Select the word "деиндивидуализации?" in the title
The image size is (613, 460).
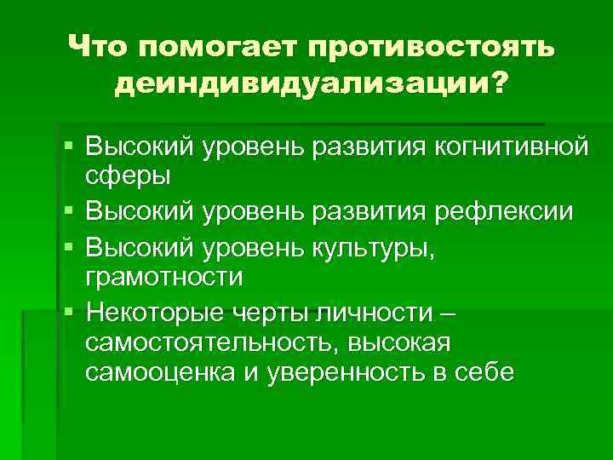point(307,84)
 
